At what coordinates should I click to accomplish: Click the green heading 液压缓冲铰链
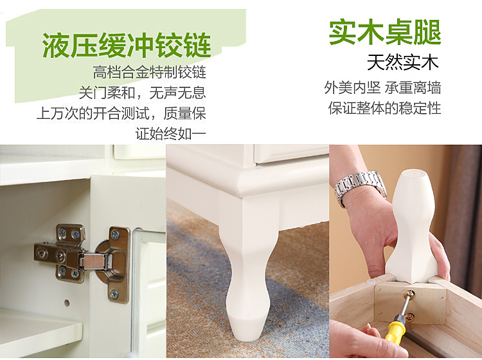coord(127,45)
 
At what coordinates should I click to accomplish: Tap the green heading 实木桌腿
coord(385,32)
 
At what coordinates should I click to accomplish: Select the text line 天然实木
coord(403,62)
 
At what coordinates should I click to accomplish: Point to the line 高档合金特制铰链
coord(149,73)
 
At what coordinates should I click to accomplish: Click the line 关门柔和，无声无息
coord(142,93)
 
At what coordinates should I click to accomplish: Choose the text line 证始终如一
coord(170,134)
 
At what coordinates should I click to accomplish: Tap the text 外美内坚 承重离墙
coord(383,87)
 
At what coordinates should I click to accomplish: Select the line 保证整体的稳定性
coord(384,108)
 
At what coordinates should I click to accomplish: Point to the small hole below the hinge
coord(67,303)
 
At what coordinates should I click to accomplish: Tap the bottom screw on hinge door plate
coord(114,294)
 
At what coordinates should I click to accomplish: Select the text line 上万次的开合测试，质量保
coord(121,113)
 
